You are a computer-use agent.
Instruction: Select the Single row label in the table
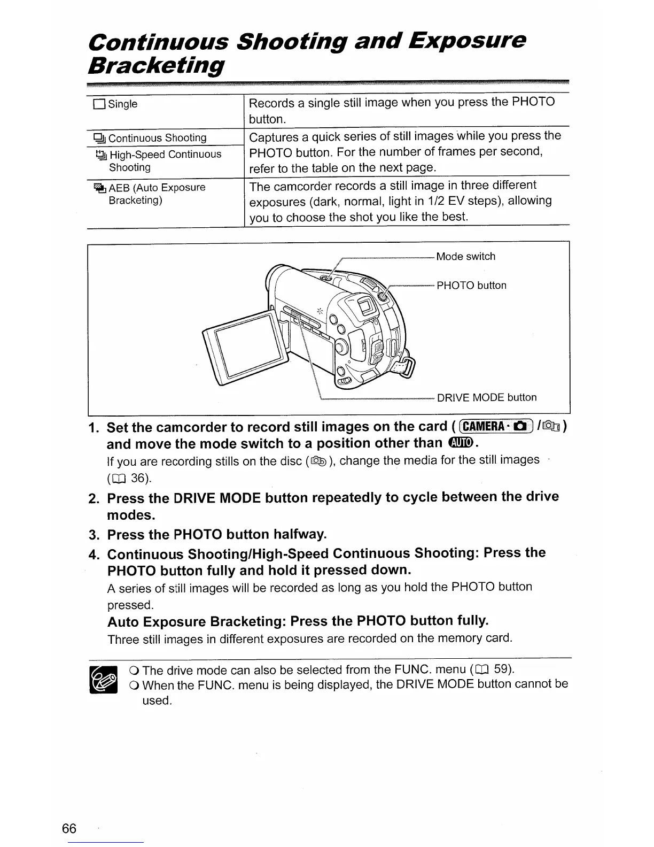122,104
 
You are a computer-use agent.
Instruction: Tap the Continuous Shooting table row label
157,138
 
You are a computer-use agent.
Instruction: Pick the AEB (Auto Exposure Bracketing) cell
157,194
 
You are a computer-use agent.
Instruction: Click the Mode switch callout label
465,257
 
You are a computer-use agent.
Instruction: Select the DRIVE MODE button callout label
486,397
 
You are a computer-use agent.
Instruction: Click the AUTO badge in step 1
461,443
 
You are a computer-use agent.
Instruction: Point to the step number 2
94,499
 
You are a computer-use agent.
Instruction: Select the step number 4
94,554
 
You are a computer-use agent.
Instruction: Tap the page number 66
69,828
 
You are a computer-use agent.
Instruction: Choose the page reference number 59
500,669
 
